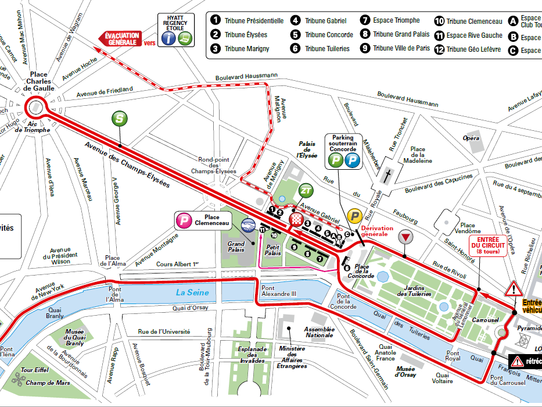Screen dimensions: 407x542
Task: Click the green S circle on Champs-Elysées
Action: [x=119, y=118]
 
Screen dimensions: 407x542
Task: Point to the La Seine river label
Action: [x=192, y=292]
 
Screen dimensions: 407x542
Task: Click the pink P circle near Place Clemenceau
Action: [x=184, y=220]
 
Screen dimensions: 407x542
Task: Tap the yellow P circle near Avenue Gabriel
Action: [x=354, y=216]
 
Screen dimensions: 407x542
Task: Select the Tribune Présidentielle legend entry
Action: [x=247, y=21]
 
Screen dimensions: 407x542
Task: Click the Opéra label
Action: [x=471, y=138]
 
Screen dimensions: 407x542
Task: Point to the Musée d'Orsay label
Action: [x=405, y=370]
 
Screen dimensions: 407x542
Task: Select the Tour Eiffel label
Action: [x=34, y=370]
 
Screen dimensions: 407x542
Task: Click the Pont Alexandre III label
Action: [x=279, y=291]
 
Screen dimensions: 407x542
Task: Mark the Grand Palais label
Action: [x=236, y=248]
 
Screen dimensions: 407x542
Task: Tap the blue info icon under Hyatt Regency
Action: [x=168, y=38]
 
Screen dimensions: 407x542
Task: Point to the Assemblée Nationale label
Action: [x=320, y=333]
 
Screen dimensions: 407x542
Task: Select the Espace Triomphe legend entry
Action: [x=391, y=20]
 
